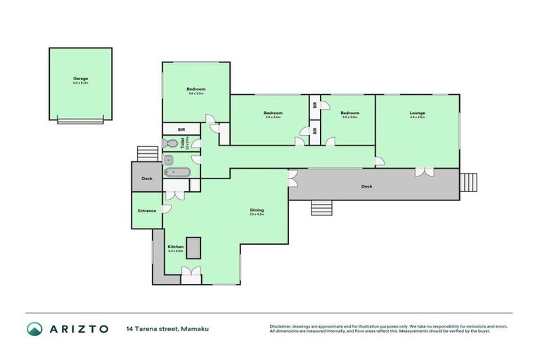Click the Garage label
click(x=80, y=78)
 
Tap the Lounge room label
click(x=418, y=113)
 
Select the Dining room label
click(x=257, y=210)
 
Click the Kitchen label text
click(x=175, y=247)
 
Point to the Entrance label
click(x=147, y=210)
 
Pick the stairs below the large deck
click(x=321, y=209)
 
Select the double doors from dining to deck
click(x=292, y=178)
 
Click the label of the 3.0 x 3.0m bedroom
click(x=349, y=113)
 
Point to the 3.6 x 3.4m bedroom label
click(x=195, y=89)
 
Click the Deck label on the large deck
click(x=366, y=186)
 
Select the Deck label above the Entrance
click(x=147, y=179)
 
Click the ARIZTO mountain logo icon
click(x=35, y=328)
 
